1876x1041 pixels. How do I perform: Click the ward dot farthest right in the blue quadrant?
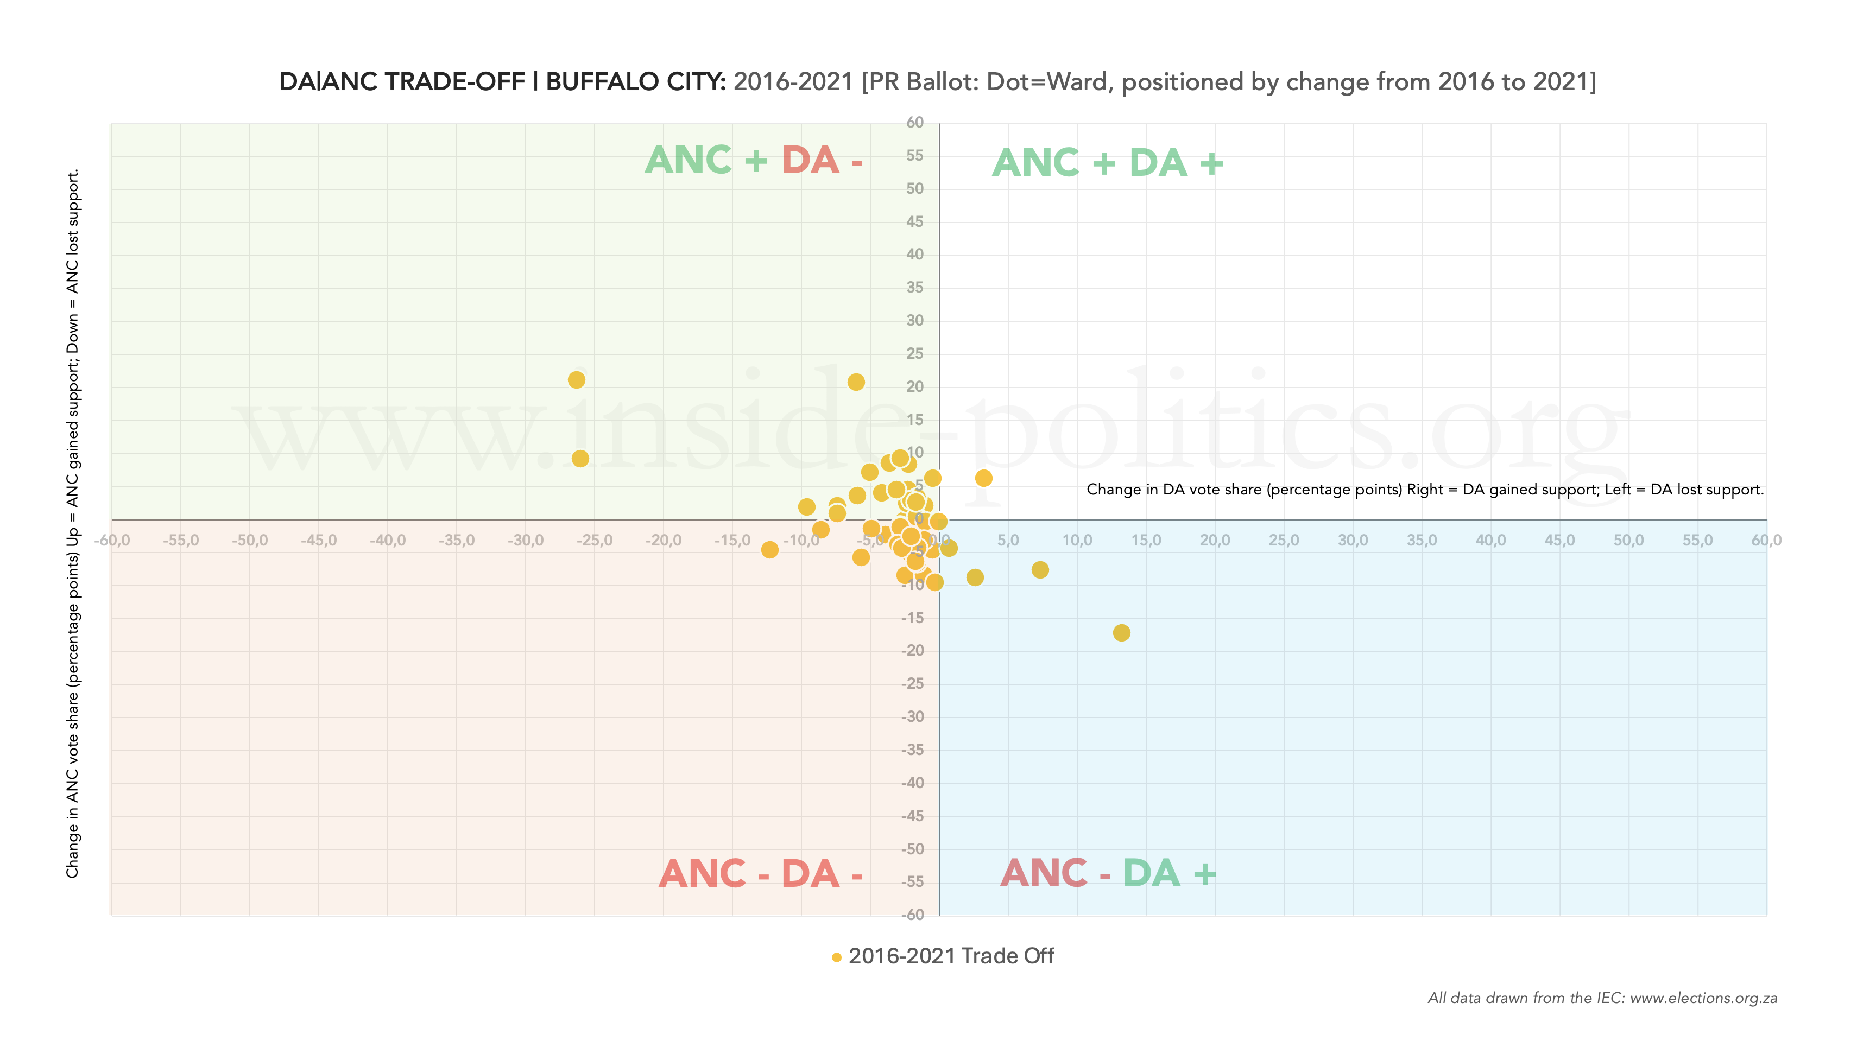[x=1121, y=633]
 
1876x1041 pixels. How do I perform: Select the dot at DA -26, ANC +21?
[x=577, y=380]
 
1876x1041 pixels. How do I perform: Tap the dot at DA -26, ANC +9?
[x=580, y=459]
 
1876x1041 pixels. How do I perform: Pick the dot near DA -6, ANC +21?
[x=856, y=382]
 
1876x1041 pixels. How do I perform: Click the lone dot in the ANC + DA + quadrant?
[x=984, y=478]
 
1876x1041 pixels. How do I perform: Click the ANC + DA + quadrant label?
[x=1107, y=163]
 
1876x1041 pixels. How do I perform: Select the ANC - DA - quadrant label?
[x=760, y=874]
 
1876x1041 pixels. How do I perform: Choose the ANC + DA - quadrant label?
[x=754, y=160]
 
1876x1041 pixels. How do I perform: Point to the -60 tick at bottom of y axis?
[x=913, y=915]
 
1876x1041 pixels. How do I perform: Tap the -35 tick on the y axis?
[x=913, y=750]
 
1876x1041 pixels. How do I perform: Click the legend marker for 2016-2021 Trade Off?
[x=837, y=957]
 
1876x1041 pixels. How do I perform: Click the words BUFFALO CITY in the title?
[x=635, y=81]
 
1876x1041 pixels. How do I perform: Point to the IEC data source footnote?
[x=1602, y=998]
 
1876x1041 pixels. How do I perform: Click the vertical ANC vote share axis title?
[x=73, y=524]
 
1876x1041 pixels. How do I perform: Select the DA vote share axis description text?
[x=1424, y=490]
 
